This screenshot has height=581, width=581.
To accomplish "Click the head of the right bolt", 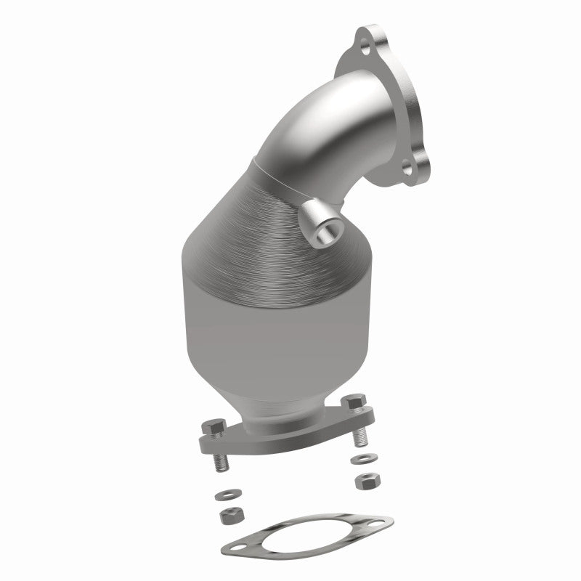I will point(354,404).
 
